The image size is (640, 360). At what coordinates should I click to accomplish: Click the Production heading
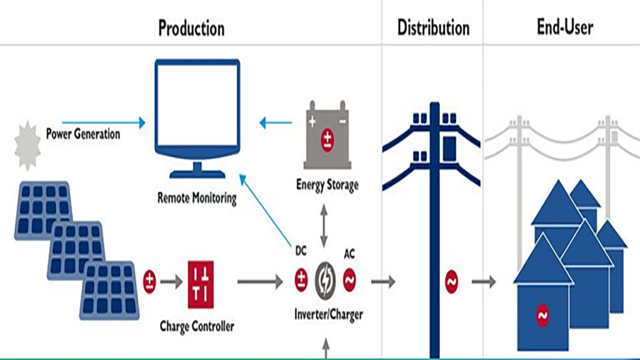click(191, 27)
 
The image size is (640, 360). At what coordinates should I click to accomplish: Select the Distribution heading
click(433, 27)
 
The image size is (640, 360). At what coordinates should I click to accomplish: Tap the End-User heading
click(565, 27)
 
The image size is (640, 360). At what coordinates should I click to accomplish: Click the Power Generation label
click(83, 134)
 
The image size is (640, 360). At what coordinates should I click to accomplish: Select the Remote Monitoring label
click(197, 199)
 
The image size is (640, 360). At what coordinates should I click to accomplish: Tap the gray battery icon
click(326, 136)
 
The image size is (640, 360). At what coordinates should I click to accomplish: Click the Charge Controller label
click(197, 326)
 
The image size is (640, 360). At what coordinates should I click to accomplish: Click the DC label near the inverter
click(300, 251)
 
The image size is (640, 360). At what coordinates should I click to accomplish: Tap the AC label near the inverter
click(350, 255)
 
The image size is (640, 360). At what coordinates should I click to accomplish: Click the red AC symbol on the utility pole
click(452, 282)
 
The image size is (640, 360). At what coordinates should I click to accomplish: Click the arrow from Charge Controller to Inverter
click(260, 282)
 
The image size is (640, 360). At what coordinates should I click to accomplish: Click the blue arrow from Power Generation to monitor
click(104, 122)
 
